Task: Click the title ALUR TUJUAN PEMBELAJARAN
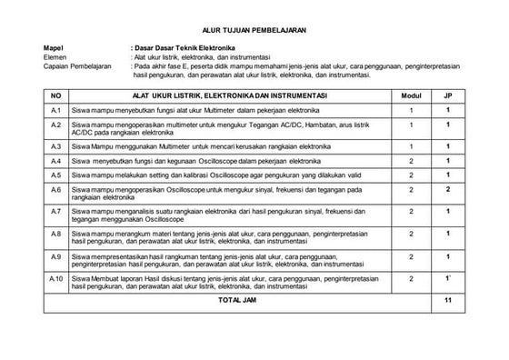pos(254,31)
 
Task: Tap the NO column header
pos(55,95)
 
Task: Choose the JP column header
pos(448,95)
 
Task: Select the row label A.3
pos(55,145)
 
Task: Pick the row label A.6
pos(55,190)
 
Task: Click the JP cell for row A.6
pos(448,190)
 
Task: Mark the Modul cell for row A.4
pos(411,161)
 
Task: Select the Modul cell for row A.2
pos(411,125)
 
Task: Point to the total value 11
pos(448,298)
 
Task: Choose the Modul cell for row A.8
pos(411,234)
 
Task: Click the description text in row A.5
pos(205,175)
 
